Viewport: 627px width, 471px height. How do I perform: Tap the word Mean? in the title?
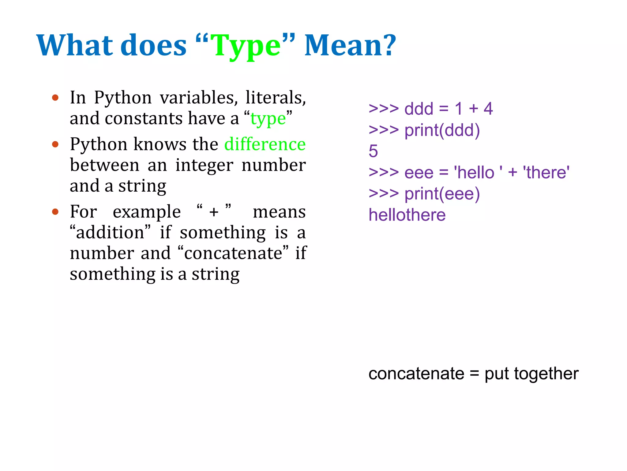click(x=350, y=46)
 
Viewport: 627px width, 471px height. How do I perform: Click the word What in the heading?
click(x=75, y=46)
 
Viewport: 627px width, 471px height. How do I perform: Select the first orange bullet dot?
click(x=55, y=98)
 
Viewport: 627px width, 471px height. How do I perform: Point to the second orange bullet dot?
click(x=55, y=144)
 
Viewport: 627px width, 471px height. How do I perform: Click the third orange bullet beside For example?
click(x=55, y=212)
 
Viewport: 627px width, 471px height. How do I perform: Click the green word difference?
click(x=265, y=144)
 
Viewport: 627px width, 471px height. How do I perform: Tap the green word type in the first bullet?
click(x=268, y=119)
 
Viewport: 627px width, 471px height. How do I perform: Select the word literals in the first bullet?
click(x=275, y=98)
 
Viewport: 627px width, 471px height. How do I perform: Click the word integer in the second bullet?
click(x=204, y=165)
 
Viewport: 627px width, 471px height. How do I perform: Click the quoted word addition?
click(x=110, y=232)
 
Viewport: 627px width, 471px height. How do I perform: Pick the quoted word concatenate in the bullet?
click(x=233, y=253)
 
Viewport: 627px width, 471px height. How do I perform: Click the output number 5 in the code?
click(x=373, y=151)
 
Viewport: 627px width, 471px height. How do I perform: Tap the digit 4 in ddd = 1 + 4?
click(x=488, y=109)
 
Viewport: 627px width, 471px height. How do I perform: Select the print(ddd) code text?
click(x=442, y=130)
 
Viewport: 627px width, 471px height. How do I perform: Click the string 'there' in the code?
click(x=546, y=172)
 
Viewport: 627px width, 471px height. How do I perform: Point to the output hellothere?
click(x=407, y=215)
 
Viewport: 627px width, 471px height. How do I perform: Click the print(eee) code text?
click(x=442, y=194)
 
